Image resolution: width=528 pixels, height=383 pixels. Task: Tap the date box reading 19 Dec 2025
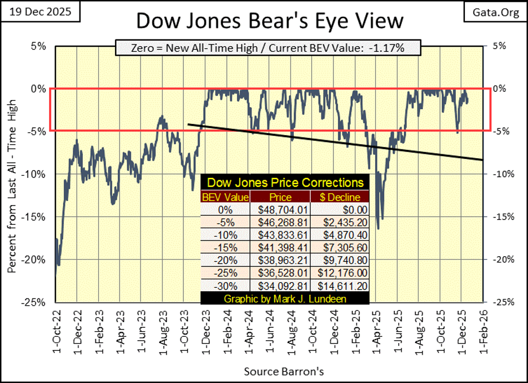pyautogui.click(x=39, y=12)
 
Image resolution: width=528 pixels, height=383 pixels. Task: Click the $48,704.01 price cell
pyautogui.click(x=280, y=209)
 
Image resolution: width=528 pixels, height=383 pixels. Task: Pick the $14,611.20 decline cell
pyautogui.click(x=340, y=286)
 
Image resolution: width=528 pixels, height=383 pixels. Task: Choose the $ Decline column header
pyautogui.click(x=340, y=197)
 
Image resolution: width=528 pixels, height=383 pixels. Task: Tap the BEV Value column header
pyautogui.click(x=225, y=197)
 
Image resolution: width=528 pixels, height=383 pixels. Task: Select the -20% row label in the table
pyautogui.click(x=225, y=260)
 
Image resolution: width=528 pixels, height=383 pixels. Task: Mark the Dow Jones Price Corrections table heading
pyautogui.click(x=285, y=183)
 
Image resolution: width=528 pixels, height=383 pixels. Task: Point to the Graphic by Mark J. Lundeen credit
pyautogui.click(x=285, y=299)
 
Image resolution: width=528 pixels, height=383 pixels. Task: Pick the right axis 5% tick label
pyautogui.click(x=499, y=46)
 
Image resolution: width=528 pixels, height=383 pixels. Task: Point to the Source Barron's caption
pyautogui.click(x=276, y=372)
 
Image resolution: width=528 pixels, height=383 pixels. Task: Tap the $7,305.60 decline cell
pyautogui.click(x=340, y=247)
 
